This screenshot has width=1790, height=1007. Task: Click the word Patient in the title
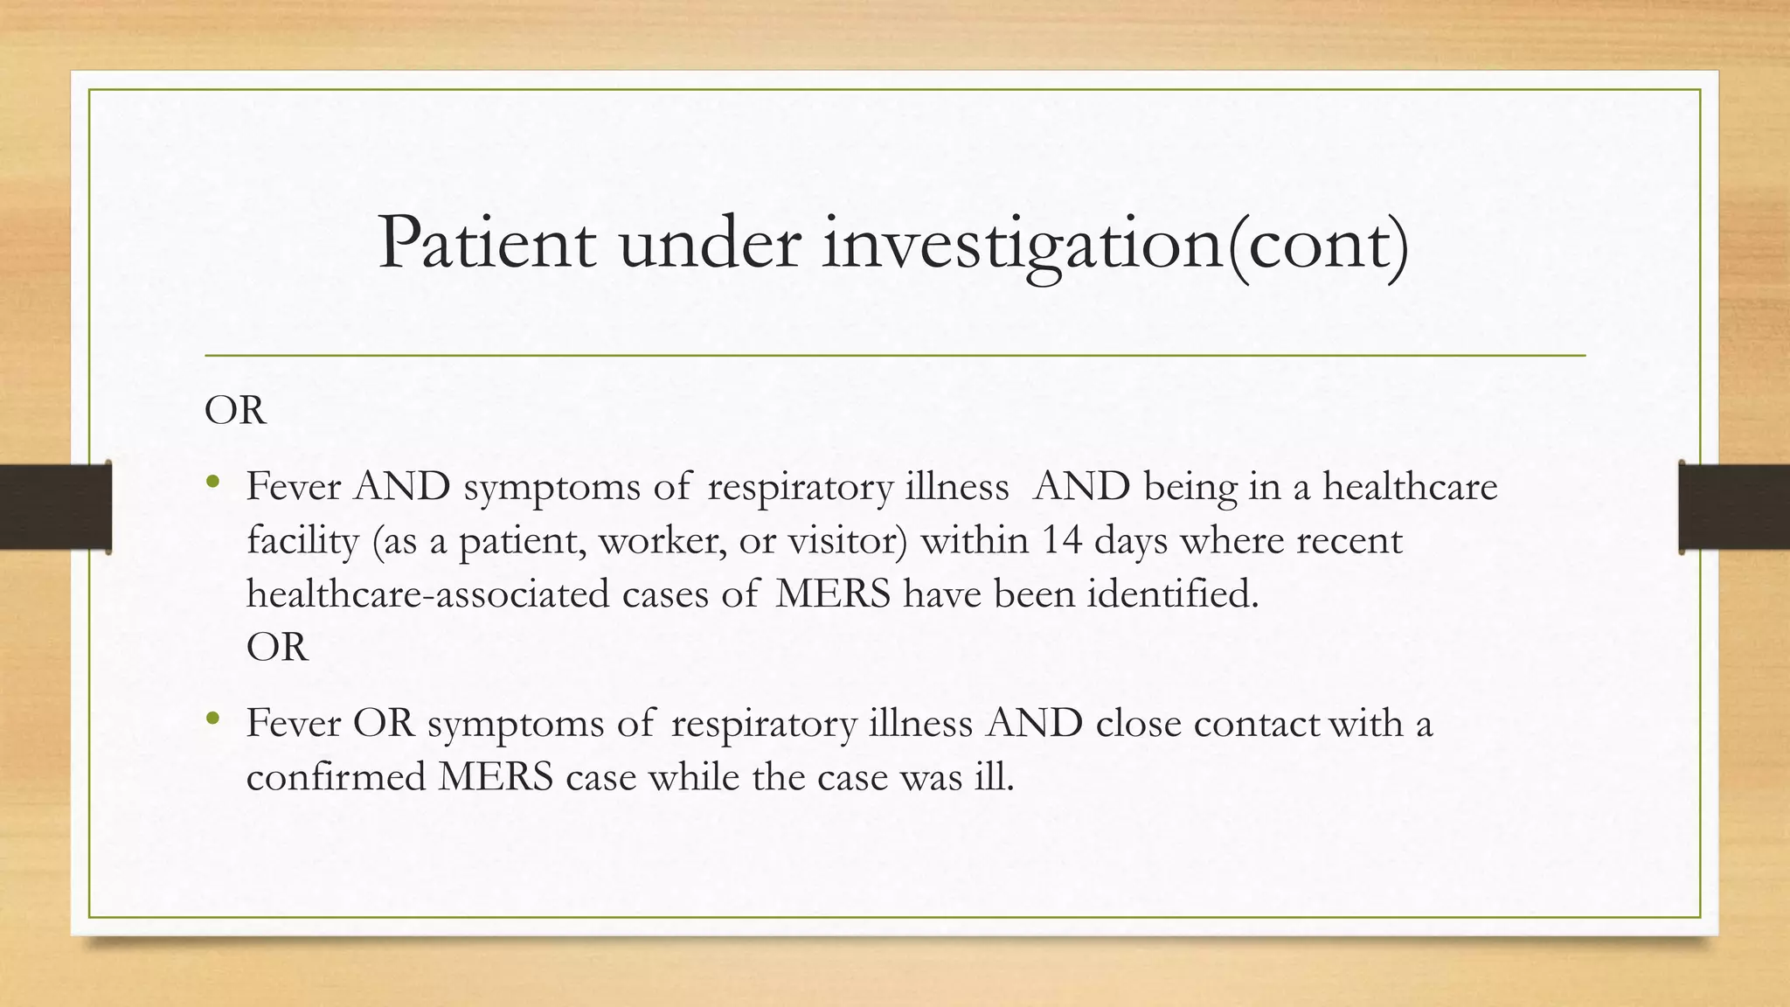(487, 244)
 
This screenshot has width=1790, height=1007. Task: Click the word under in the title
(709, 244)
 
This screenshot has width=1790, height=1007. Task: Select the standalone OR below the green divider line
(234, 410)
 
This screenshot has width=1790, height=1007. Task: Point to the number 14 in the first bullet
(1061, 540)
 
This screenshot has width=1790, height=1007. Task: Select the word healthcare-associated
(427, 594)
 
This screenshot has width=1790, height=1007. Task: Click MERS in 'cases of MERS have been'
(832, 594)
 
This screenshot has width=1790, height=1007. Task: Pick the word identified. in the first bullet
(1173, 594)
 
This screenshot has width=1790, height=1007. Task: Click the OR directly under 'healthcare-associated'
(277, 648)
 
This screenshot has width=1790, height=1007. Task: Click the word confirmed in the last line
(336, 777)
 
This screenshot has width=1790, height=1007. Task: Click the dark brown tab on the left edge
(55, 507)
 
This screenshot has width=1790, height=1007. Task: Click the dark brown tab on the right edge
(1734, 507)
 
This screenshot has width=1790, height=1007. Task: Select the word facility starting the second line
(302, 542)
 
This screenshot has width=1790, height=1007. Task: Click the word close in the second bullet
(1138, 724)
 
